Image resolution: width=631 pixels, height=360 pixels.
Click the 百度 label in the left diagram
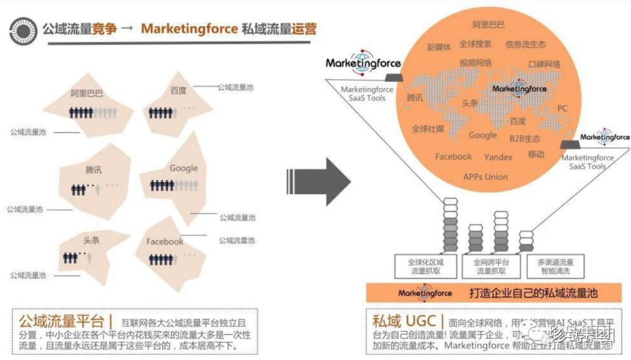tap(179, 91)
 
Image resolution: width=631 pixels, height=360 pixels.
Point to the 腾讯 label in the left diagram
tap(93, 170)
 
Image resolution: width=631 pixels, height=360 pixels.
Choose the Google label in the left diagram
tap(183, 168)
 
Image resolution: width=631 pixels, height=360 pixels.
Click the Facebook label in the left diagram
tap(165, 241)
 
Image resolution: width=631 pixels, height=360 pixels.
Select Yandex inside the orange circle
tap(498, 157)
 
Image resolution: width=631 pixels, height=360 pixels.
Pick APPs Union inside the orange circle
tap(486, 176)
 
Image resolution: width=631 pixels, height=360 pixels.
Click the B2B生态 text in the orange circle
tap(525, 139)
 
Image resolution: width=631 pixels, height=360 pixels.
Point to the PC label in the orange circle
tap(562, 108)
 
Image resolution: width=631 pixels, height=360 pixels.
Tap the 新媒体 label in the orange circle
tap(439, 47)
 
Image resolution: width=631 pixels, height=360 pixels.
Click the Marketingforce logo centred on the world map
tap(519, 88)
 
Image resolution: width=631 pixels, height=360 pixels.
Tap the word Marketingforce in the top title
tap(189, 29)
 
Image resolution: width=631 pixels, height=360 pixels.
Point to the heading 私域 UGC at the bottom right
tap(406, 321)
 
